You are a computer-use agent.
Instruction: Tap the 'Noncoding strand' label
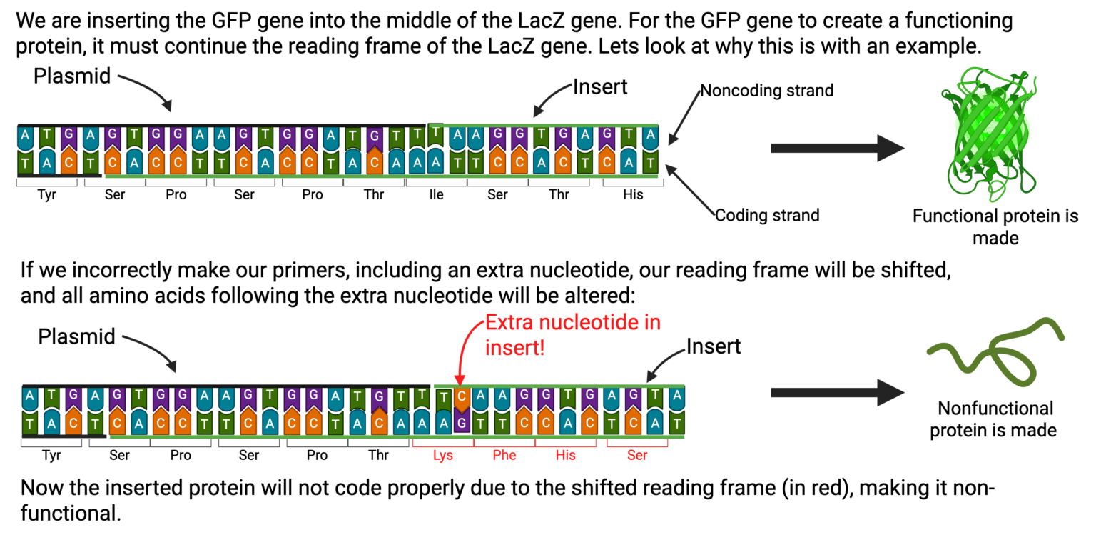[766, 91]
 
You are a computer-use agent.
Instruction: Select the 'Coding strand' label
[767, 215]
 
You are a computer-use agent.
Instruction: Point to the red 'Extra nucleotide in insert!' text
[572, 334]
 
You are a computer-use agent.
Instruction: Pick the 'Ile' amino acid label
[436, 194]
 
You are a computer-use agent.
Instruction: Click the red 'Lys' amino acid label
[442, 455]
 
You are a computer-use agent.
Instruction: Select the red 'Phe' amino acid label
[504, 455]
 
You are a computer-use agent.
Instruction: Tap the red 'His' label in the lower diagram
[565, 455]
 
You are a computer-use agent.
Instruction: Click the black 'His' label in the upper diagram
[633, 194]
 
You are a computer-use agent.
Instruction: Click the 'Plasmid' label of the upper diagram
[72, 76]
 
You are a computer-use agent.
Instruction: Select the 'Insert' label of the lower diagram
[714, 346]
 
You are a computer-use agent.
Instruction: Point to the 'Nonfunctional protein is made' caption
[995, 419]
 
